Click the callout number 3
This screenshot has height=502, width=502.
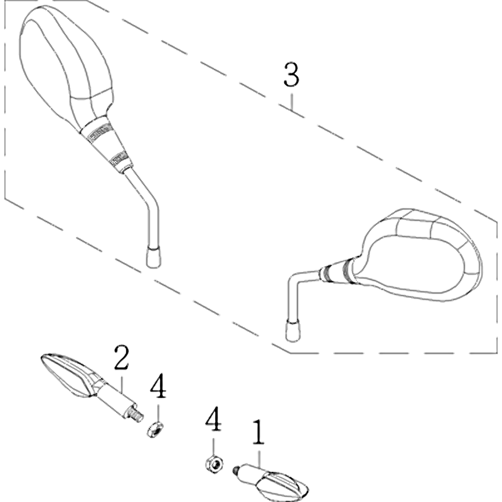tap(291, 75)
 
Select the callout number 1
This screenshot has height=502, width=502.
tap(259, 432)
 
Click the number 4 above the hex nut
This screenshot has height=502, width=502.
tap(213, 419)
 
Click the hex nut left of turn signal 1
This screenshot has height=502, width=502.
tap(214, 463)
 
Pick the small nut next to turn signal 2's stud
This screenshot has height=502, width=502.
tap(155, 429)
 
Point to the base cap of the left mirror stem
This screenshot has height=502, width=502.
tap(153, 257)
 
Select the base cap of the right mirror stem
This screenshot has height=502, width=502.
tap(292, 330)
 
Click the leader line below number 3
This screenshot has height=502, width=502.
tap(291, 102)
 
